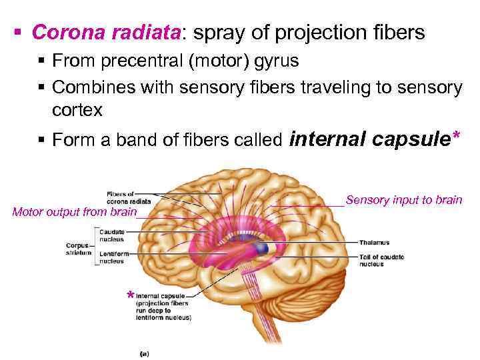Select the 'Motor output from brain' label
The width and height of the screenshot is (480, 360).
[74, 213]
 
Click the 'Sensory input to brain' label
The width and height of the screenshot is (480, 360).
[404, 199]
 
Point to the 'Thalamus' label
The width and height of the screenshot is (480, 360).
[374, 243]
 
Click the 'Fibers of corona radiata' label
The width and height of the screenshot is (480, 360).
[128, 197]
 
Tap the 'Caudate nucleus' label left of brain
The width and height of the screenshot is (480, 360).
[111, 235]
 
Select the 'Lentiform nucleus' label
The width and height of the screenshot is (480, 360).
[111, 258]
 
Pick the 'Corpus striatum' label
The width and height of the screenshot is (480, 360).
[77, 249]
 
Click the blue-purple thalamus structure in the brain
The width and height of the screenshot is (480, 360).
[262, 249]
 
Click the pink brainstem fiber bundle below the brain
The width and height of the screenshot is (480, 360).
[260, 313]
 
